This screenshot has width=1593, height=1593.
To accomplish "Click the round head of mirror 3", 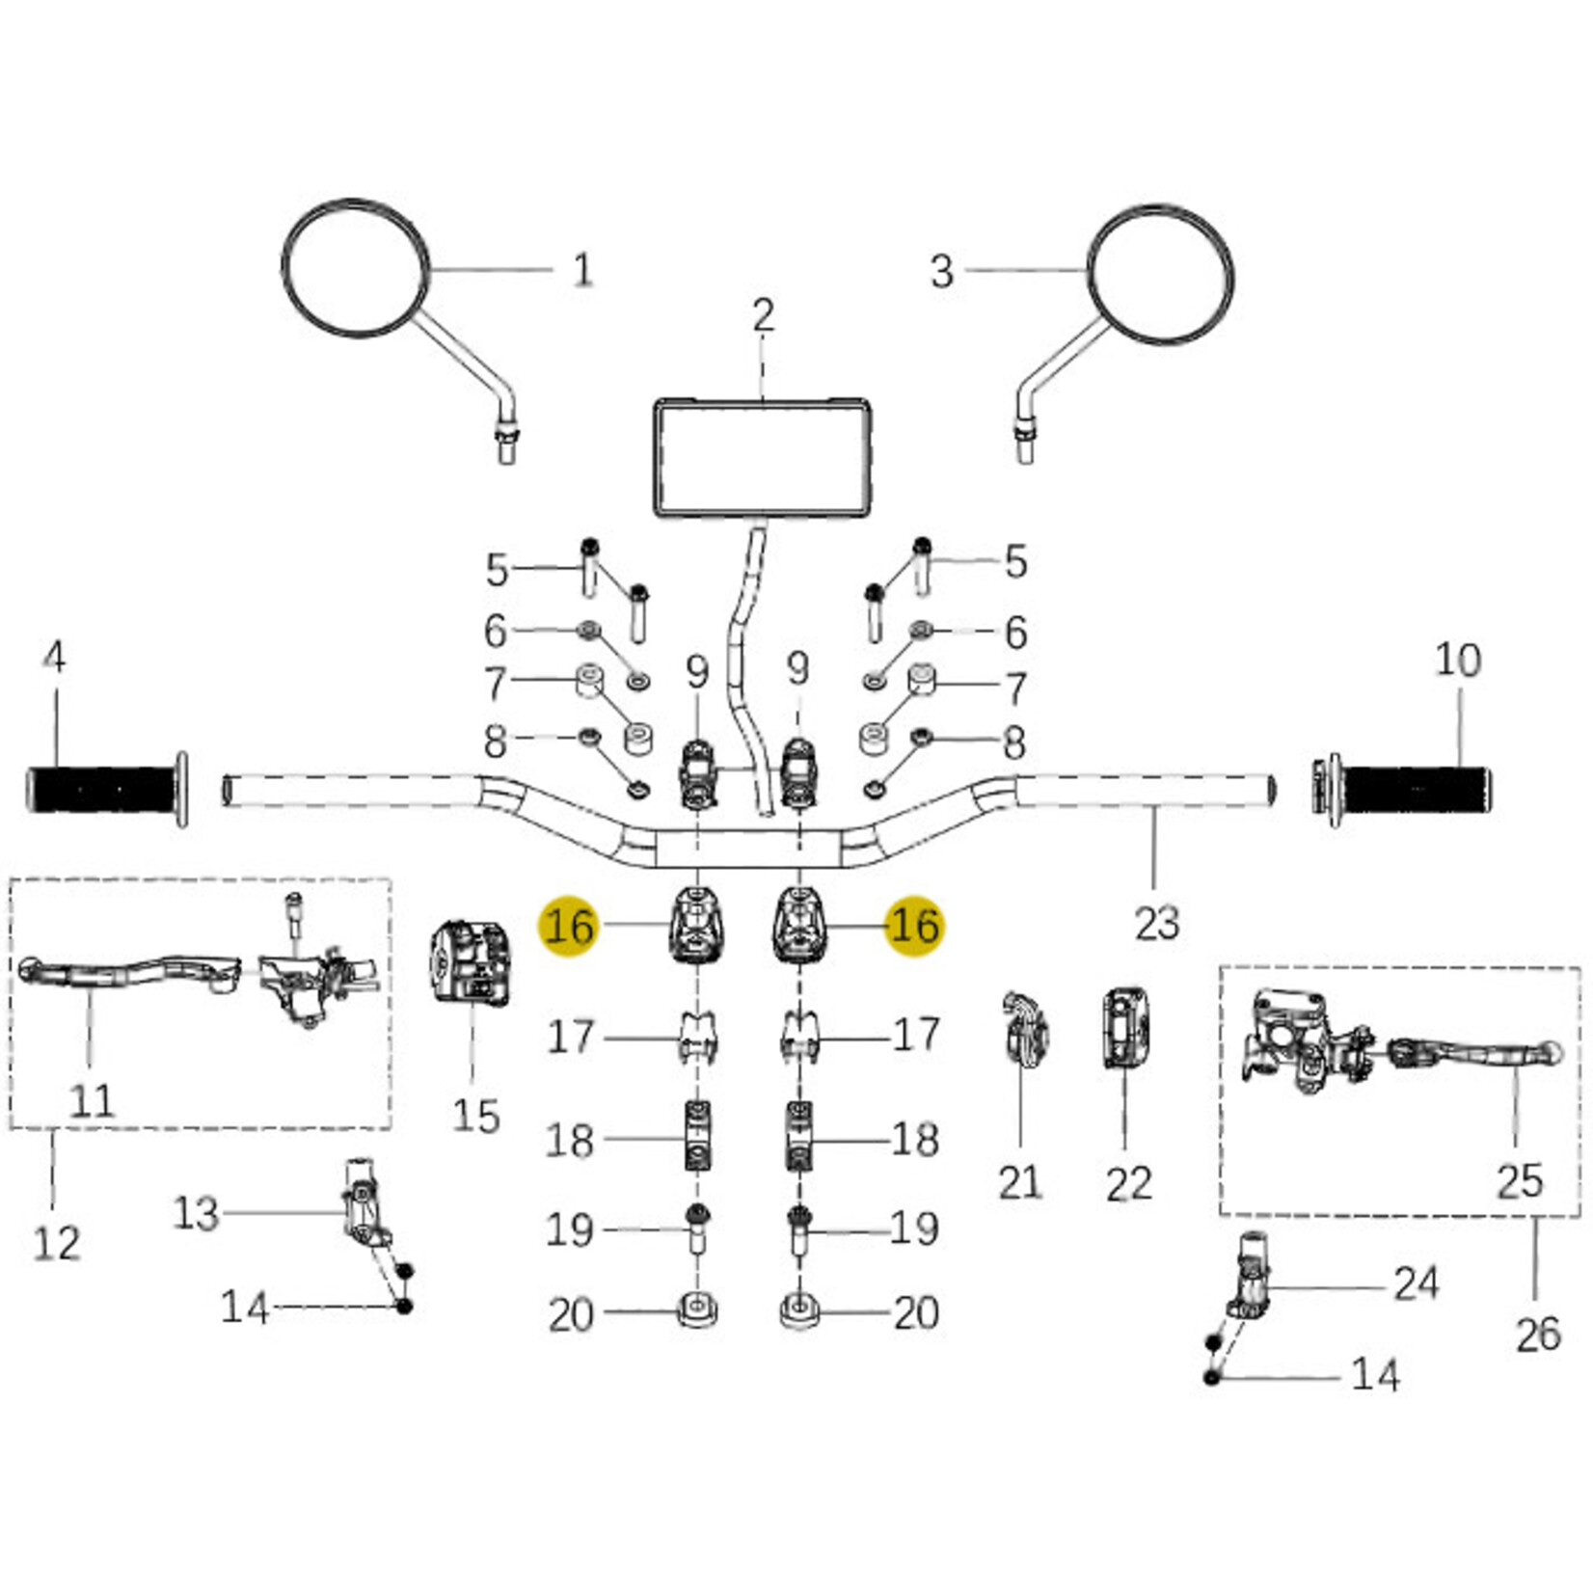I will [1160, 274].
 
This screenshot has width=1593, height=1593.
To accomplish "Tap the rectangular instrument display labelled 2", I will [764, 458].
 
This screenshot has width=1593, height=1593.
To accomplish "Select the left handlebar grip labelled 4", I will [104, 790].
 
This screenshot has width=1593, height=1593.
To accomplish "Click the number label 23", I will [1157, 923].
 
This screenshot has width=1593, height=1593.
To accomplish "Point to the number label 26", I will [1537, 1335].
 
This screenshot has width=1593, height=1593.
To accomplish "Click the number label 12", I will [56, 1243].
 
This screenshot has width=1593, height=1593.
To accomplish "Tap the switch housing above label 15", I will [470, 963].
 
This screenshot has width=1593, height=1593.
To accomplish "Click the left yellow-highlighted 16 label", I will [569, 927].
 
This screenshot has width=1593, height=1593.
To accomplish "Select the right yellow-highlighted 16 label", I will [914, 927].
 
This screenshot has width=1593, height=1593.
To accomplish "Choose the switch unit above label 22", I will [1125, 1028].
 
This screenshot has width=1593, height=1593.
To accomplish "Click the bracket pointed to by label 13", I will [362, 1205].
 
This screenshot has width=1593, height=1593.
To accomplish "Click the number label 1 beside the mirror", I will [582, 270].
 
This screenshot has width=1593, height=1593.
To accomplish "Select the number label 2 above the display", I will [763, 316].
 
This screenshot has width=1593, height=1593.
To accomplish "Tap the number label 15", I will [475, 1117].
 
